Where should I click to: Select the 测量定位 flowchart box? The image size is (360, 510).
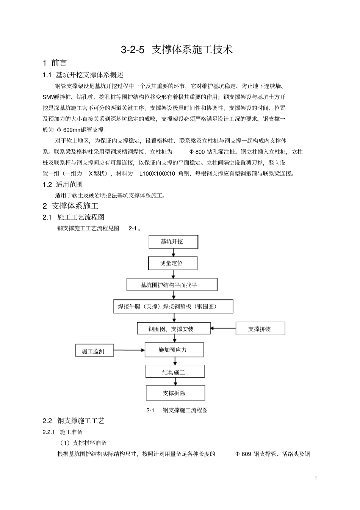pos(172,263)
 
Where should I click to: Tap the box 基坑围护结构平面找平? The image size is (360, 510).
pos(172,285)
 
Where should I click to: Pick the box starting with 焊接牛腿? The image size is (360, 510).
pos(173,306)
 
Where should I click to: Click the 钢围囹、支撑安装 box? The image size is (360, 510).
pos(174,328)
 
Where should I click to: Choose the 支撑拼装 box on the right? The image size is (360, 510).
pos(260,329)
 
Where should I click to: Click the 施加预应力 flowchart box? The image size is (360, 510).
pos(174,350)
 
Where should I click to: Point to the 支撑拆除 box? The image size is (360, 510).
pos(175,393)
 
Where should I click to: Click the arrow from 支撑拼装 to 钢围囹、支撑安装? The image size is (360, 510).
pos(223,328)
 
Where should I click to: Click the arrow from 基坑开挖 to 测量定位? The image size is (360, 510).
pos(173,253)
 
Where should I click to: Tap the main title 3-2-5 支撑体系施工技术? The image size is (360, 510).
pos(177,50)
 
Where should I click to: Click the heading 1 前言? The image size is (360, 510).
pos(55,63)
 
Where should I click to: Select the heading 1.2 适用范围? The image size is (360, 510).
pos(63,185)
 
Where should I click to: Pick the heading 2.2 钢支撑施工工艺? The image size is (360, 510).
pos(74,421)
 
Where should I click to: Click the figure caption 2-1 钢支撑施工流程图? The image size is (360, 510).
pos(177,410)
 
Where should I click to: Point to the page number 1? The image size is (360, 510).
pos(316,478)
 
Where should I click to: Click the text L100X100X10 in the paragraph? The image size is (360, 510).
pos(157,174)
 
